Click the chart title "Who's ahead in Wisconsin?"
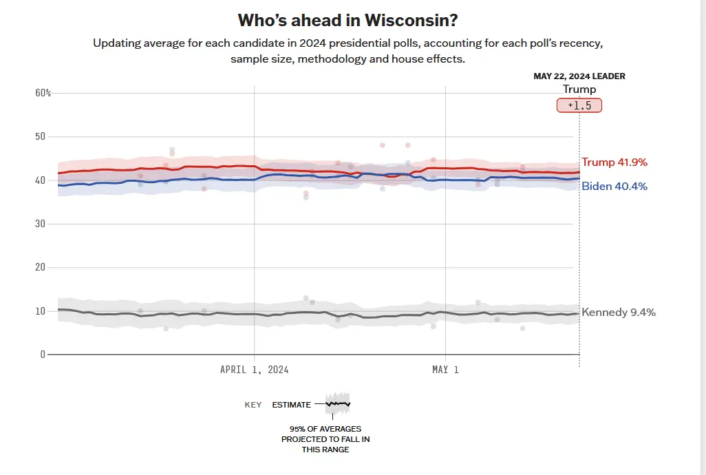[347, 19]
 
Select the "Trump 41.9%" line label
[614, 162]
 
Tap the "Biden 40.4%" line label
[614, 186]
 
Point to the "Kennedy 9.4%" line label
[619, 312]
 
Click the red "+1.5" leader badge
[579, 105]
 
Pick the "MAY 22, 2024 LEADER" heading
[579, 76]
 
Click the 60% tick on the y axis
[43, 93]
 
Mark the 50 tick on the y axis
[40, 136]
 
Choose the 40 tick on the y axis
[40, 180]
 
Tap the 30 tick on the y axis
[40, 224]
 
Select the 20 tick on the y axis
[40, 267]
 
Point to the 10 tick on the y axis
[40, 311]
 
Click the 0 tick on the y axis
[43, 355]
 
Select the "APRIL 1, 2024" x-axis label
[254, 370]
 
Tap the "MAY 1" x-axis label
[445, 370]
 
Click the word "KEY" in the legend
[253, 405]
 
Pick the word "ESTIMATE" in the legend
[292, 405]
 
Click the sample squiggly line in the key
[338, 403]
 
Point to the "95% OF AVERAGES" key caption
[325, 429]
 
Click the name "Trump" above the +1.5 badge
[579, 89]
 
